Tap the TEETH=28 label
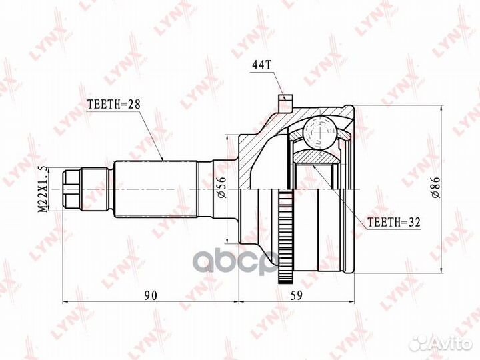pos(113,105)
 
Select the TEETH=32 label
pos(394,222)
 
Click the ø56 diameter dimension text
pos(222,187)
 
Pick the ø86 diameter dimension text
pos(435,187)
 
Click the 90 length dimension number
pos(151,295)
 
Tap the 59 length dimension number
pos(296,295)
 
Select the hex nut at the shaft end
pos(71,189)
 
